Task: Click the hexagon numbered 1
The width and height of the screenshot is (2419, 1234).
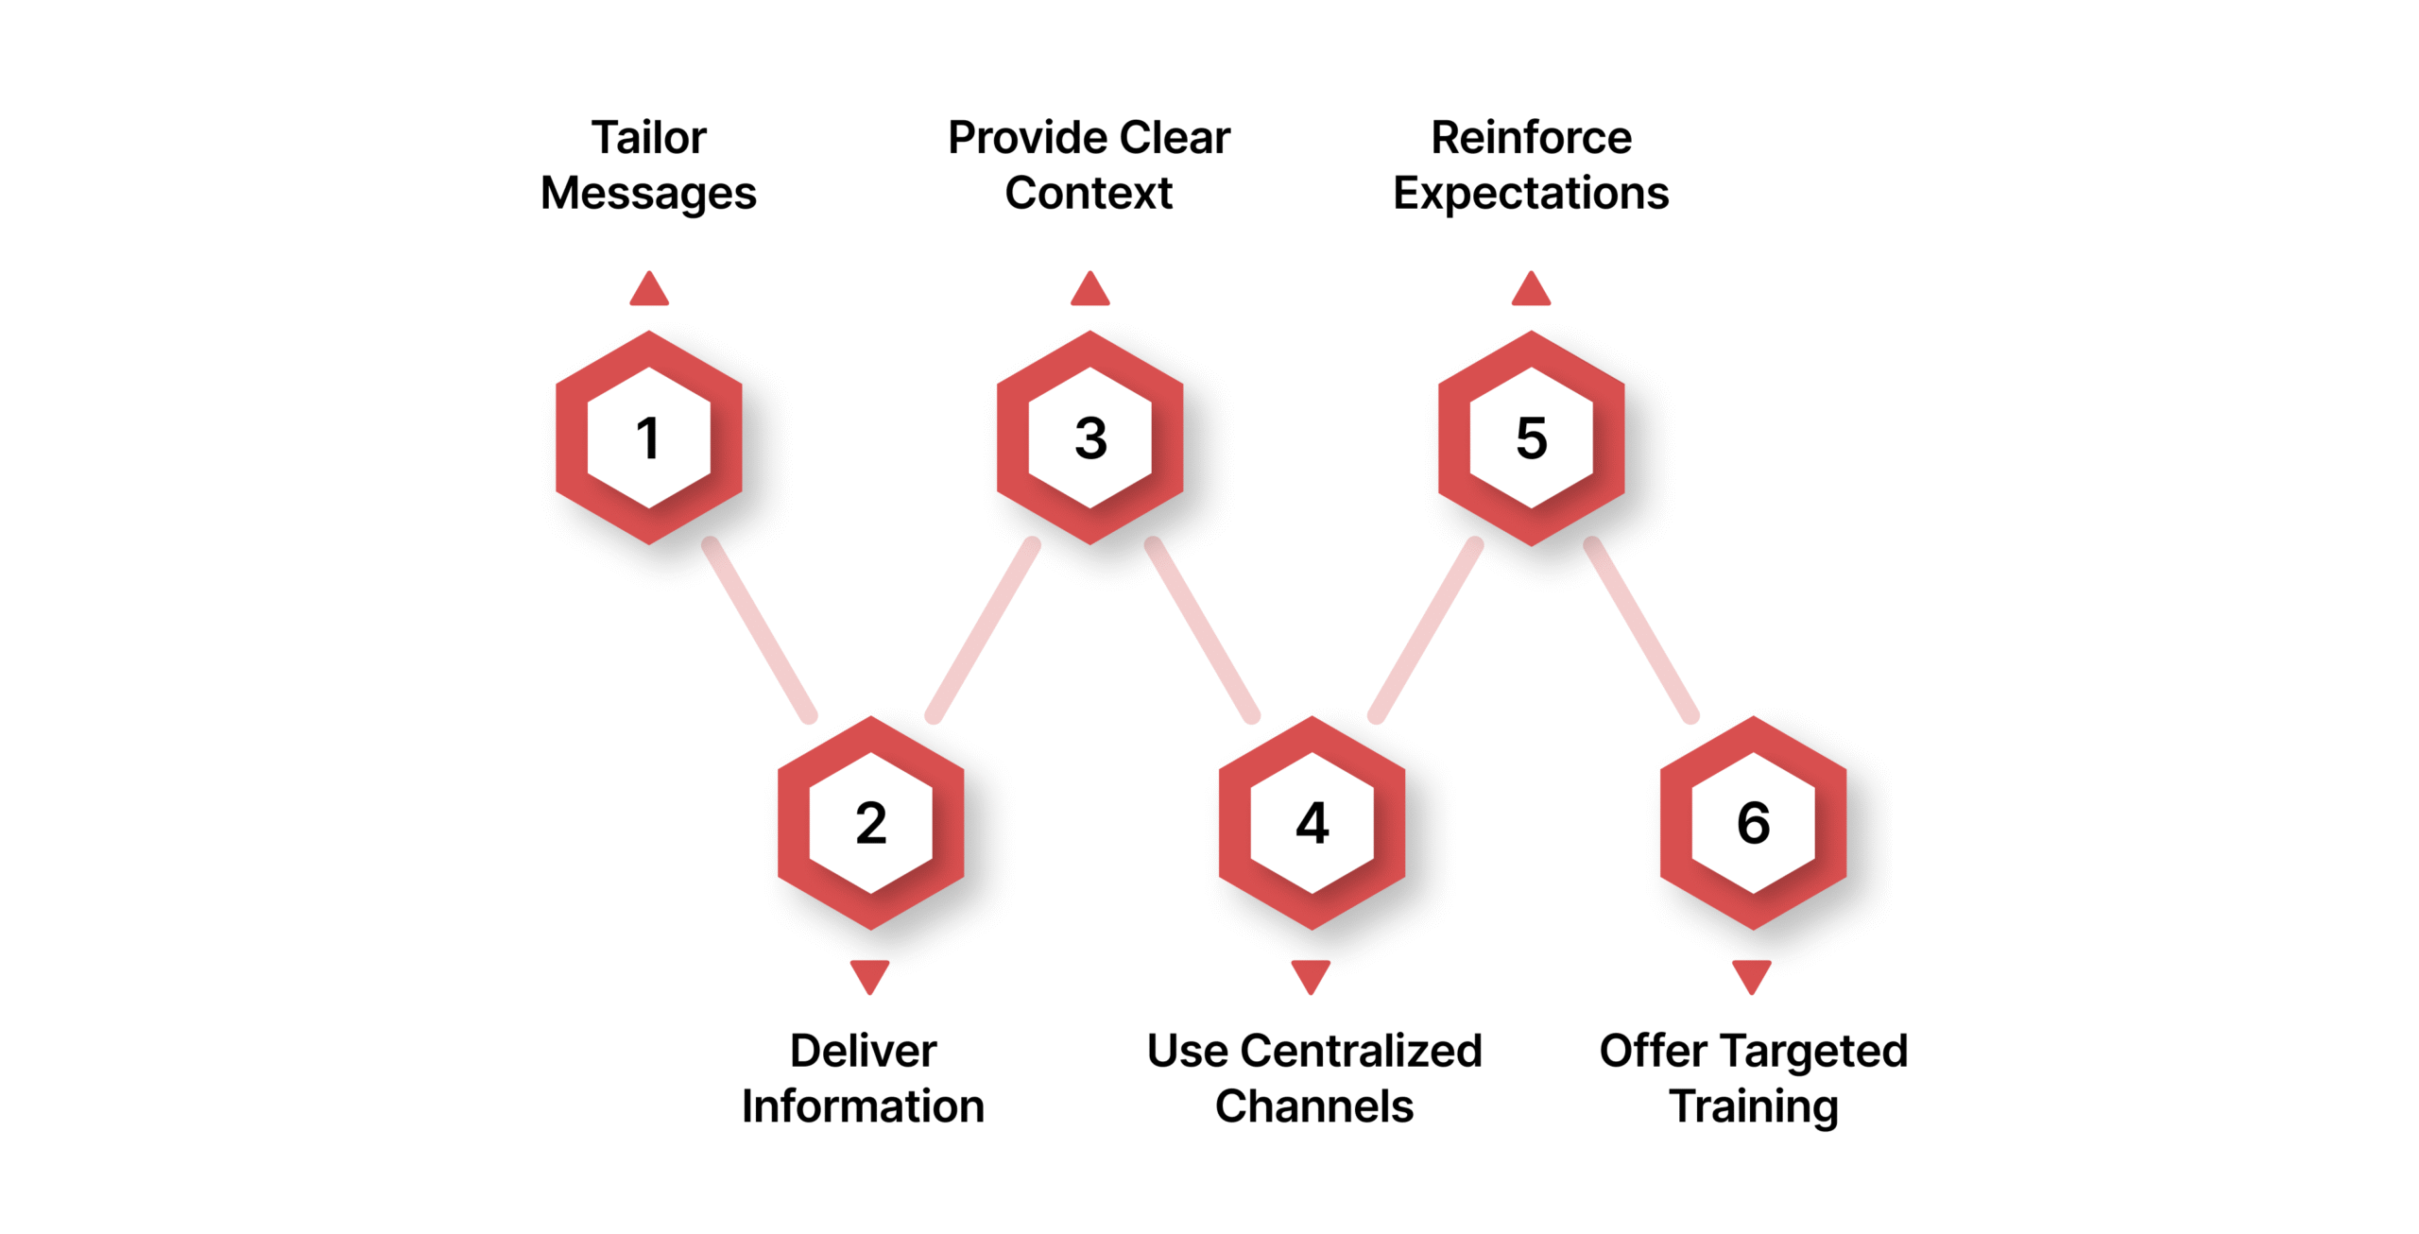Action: pos(648,437)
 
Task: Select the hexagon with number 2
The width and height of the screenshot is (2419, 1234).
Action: pos(870,822)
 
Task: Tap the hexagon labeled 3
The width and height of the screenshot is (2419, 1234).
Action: pos(1089,437)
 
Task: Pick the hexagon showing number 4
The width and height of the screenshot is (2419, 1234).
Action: pos(1312,822)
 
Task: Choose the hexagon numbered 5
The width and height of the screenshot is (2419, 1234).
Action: pos(1531,437)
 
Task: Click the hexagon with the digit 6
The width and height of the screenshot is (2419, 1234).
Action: pos(1753,822)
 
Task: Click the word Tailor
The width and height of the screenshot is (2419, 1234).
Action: pos(648,138)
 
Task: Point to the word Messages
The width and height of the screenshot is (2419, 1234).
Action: pos(648,194)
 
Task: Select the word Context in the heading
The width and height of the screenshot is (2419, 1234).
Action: pos(1089,194)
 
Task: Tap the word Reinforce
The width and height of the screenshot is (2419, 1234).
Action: pos(1531,138)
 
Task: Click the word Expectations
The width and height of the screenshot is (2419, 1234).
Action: pos(1531,194)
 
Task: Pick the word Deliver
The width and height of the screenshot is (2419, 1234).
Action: pos(863,1051)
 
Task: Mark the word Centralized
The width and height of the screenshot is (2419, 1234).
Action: pos(1361,1051)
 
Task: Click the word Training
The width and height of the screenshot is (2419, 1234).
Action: pos(1753,1106)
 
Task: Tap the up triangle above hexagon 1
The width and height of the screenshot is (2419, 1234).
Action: pos(649,291)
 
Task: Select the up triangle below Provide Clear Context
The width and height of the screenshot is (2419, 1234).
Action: pos(1089,291)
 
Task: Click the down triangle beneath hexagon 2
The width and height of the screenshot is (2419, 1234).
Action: pos(869,975)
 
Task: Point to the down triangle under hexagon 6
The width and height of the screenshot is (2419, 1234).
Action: pos(1752,975)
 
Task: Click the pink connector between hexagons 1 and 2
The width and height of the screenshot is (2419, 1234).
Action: pos(760,630)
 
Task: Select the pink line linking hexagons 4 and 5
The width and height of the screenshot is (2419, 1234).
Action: pos(1425,630)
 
